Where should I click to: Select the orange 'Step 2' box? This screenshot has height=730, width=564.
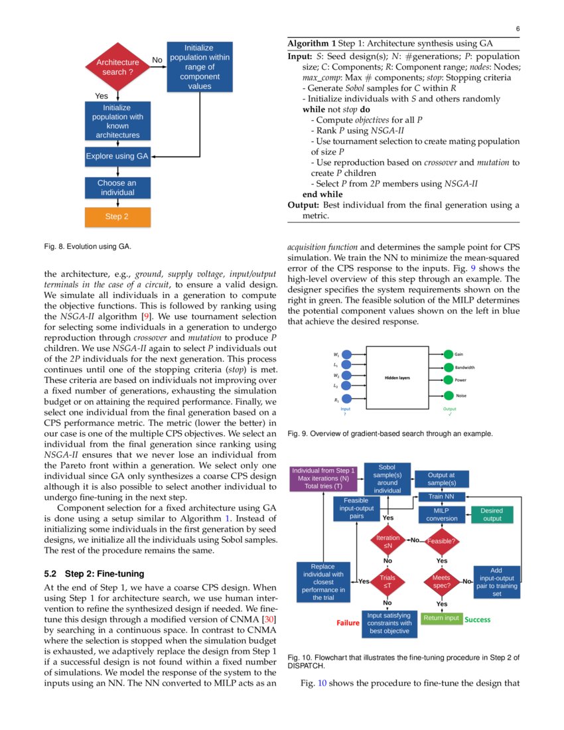pyautogui.click(x=117, y=217)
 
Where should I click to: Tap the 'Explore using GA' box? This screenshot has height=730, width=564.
pyautogui.click(x=117, y=157)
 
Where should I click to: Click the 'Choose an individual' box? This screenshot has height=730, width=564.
pyautogui.click(x=117, y=188)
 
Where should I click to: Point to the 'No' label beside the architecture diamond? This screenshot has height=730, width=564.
pyautogui.click(x=157, y=60)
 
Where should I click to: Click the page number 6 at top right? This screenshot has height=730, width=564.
pyautogui.click(x=517, y=29)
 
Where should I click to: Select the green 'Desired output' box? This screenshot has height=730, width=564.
pyautogui.click(x=492, y=514)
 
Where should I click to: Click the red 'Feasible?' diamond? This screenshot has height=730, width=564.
pyautogui.click(x=442, y=541)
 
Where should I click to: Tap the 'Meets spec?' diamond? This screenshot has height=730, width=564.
pyautogui.click(x=442, y=582)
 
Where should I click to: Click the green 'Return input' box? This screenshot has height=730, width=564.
pyautogui.click(x=441, y=618)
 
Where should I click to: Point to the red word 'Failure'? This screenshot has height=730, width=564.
pyautogui.click(x=348, y=622)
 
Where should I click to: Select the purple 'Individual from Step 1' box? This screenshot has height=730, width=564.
pyautogui.click(x=323, y=478)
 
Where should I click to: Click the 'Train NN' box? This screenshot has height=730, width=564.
pyautogui.click(x=441, y=496)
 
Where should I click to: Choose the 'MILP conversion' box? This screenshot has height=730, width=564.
pyautogui.click(x=441, y=514)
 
